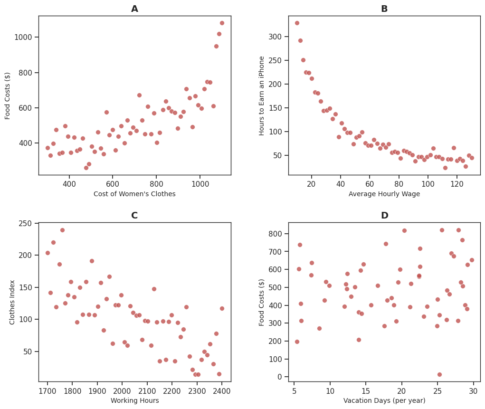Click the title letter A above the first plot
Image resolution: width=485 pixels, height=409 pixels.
134,9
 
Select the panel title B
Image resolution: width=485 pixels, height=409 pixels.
384,9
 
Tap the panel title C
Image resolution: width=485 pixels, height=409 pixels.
134,216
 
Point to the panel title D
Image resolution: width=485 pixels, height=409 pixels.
384,216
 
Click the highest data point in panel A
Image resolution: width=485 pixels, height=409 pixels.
222,23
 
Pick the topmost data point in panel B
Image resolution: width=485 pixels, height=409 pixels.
297,23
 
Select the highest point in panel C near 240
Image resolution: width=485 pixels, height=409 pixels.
62,230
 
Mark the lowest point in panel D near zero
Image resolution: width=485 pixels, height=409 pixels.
439,374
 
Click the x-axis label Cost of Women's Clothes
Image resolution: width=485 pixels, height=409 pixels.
134,194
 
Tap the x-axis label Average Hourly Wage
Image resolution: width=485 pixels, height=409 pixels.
384,194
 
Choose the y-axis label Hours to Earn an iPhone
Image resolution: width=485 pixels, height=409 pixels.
262,95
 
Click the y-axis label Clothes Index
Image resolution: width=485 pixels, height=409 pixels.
12,302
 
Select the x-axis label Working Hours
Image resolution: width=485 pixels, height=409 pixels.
134,400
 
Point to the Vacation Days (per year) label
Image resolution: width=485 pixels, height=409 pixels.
384,400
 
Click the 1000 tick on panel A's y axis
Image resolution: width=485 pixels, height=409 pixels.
25,37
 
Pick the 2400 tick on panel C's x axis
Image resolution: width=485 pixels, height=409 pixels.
222,391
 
